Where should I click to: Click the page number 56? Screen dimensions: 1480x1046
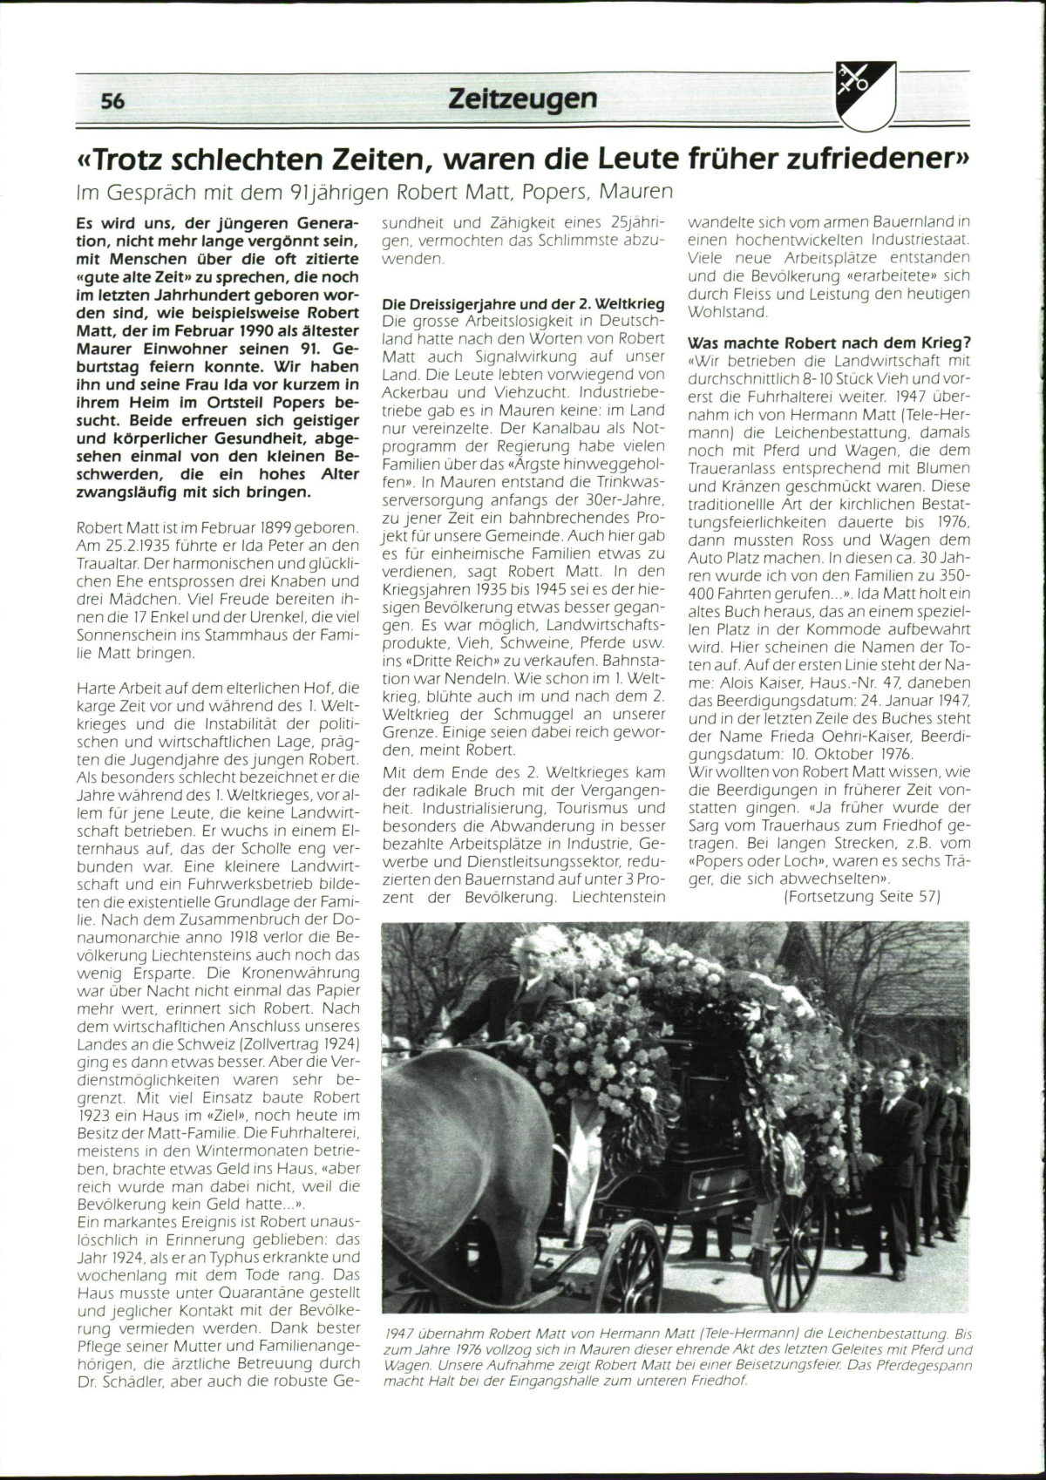112,101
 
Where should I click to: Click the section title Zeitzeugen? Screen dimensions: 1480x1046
522,98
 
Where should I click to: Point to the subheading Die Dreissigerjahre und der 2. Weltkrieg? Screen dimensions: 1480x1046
524,304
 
